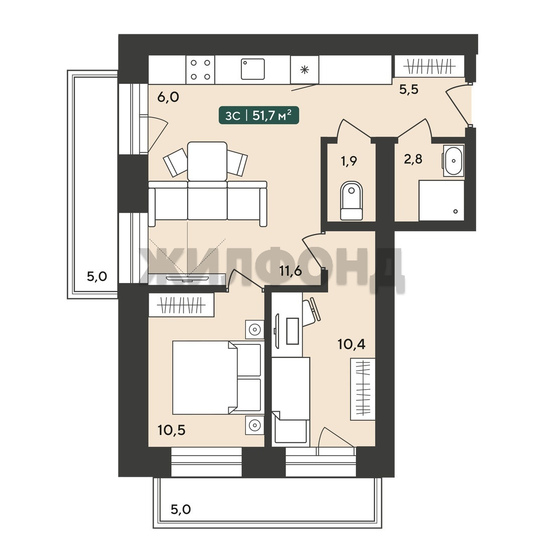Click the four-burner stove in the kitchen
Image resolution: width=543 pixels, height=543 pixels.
[200, 69]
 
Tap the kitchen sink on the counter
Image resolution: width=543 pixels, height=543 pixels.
[253, 69]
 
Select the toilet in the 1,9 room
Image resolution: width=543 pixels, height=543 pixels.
[351, 201]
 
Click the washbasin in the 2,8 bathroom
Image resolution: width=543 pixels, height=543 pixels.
[454, 161]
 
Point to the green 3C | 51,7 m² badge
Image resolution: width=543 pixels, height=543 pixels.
[259, 115]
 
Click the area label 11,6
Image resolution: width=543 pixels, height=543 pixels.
[291, 271]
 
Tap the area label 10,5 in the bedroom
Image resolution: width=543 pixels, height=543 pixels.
[171, 430]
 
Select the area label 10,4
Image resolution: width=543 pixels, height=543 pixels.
[351, 344]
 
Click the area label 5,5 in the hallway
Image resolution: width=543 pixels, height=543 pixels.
[409, 89]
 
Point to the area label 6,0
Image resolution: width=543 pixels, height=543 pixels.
[168, 98]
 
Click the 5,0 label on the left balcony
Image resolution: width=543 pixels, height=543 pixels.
[97, 277]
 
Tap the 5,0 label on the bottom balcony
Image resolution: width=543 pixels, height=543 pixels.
[181, 509]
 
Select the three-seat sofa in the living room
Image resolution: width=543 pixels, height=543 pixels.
[208, 204]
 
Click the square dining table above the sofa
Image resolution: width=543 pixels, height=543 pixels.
[208, 161]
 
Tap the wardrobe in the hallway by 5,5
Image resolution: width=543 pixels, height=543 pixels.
[430, 66]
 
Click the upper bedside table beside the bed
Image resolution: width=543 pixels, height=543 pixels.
[254, 329]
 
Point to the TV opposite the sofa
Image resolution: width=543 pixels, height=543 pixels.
[188, 278]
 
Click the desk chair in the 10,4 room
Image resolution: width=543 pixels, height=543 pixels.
[312, 311]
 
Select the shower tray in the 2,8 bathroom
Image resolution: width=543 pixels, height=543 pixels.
[441, 200]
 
